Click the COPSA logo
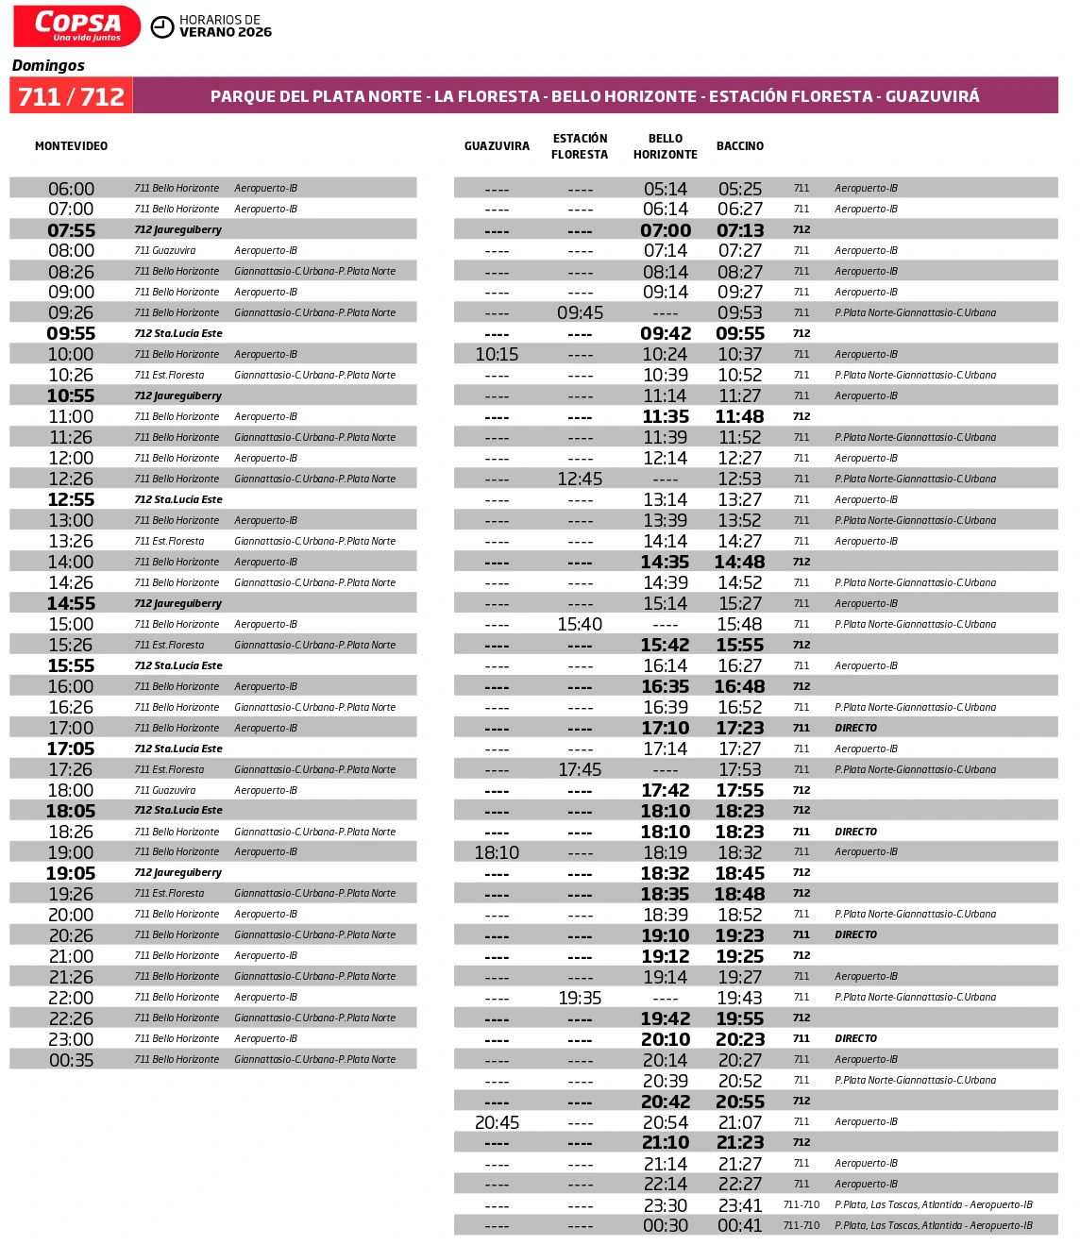pos(77,25)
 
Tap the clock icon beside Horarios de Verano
pos(162,26)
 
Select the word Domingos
pos(48,65)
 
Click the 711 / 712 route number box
pos(72,96)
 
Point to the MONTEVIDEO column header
pos(71,146)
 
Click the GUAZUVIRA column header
pos(497,146)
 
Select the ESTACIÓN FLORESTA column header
pos(580,146)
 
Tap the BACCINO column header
pos(740,146)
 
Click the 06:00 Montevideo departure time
pos(71,189)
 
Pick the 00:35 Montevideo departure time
pos(71,1060)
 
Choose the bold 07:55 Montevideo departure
pos(71,230)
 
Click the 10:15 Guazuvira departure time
pos(497,354)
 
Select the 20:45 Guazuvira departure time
pos(497,1122)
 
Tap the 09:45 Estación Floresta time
pos(580,312)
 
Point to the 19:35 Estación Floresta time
pos(580,998)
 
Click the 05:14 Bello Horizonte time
pos(666,189)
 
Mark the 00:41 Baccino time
pos(740,1225)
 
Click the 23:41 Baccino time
pos(740,1205)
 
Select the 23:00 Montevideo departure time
pos(71,1039)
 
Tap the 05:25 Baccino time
pos(740,189)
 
